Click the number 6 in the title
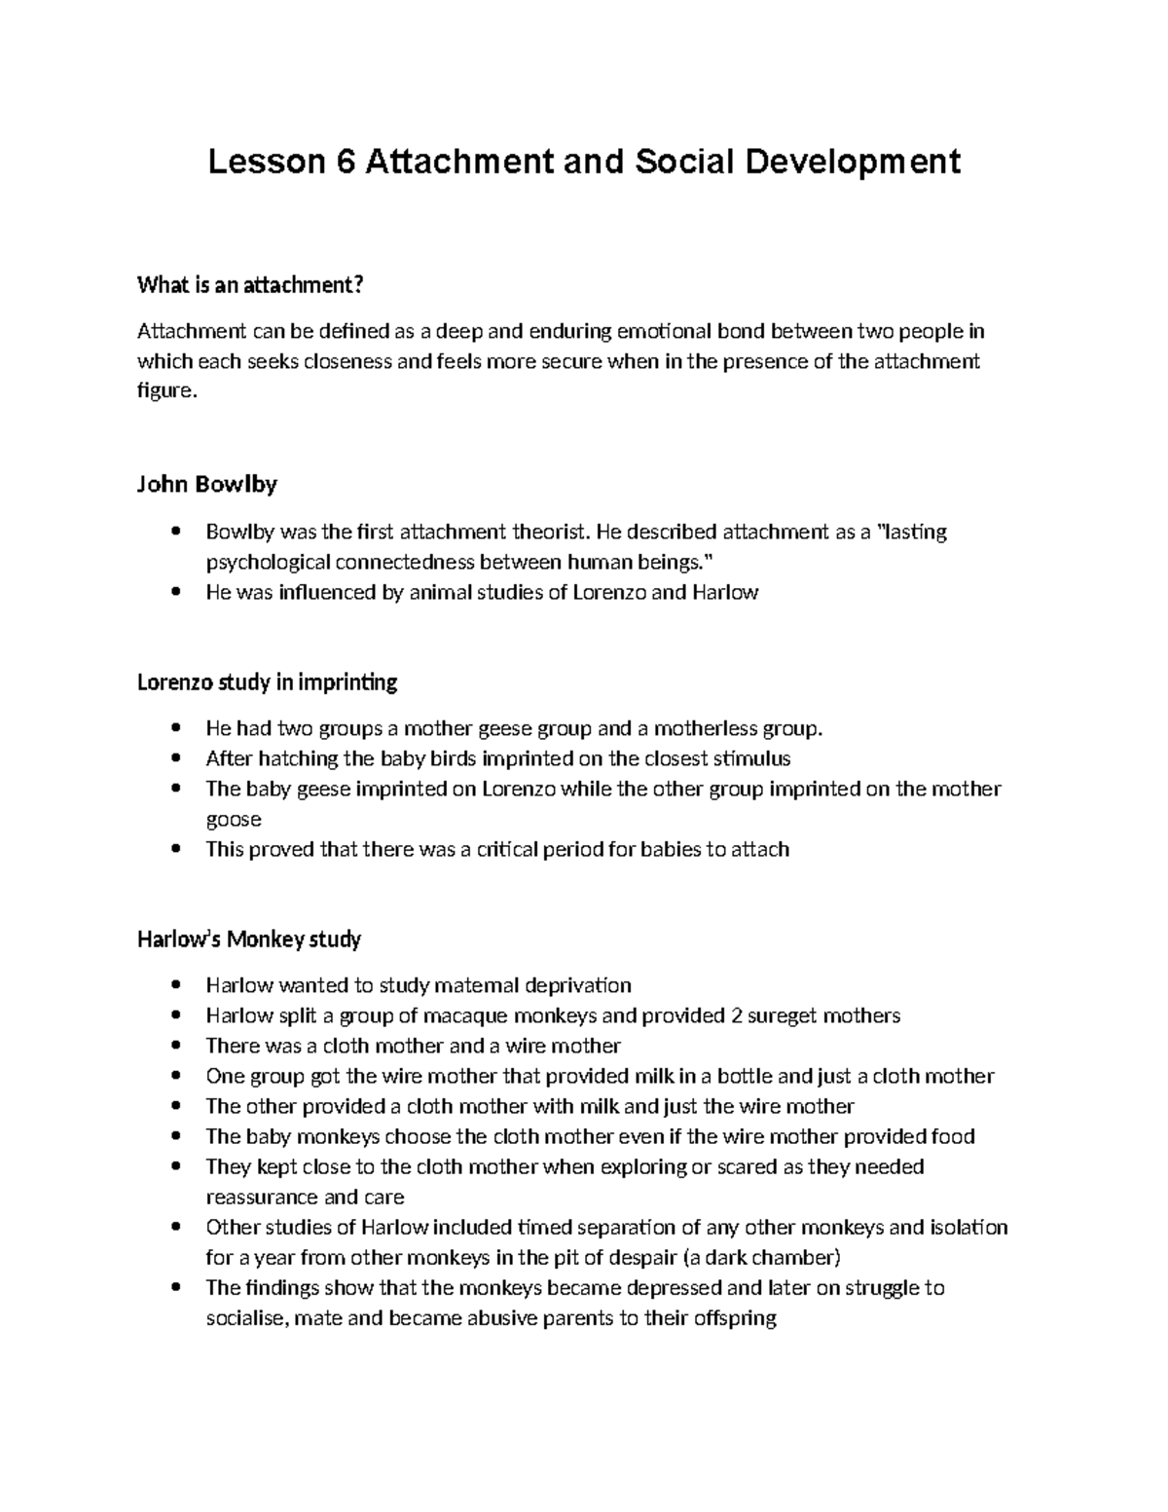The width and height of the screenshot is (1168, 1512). coord(346,162)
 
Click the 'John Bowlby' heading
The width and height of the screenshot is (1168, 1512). coord(206,484)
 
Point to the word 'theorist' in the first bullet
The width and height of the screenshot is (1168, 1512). coord(549,532)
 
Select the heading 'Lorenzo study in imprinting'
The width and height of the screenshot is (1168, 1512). coord(267,682)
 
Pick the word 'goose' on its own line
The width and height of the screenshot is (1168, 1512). coord(234,819)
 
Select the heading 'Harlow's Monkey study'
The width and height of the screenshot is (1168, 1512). coord(249,940)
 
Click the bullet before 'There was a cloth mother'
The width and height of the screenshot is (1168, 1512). coord(175,1047)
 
